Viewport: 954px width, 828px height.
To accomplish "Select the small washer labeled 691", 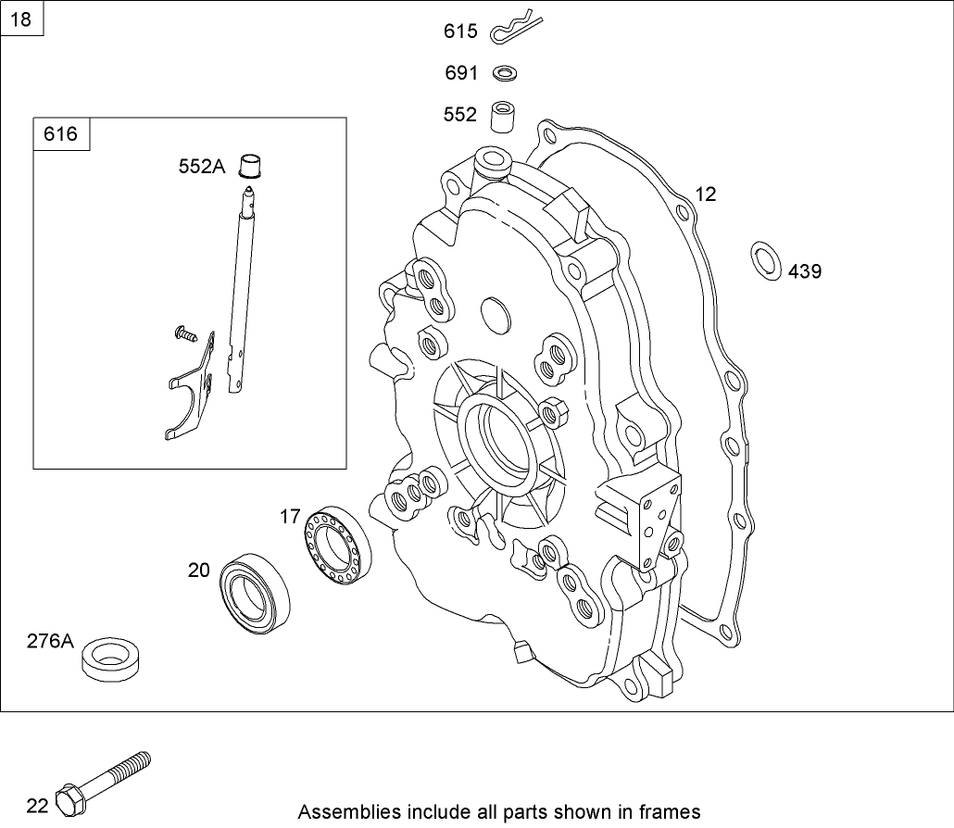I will click(x=505, y=72).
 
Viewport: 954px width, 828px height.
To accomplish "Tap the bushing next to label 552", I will click(x=502, y=116).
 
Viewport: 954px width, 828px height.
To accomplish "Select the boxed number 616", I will click(x=61, y=134).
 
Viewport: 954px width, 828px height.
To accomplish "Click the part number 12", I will click(x=706, y=194).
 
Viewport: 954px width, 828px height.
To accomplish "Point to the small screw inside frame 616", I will click(x=185, y=332).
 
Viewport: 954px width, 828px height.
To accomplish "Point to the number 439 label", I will click(x=804, y=271).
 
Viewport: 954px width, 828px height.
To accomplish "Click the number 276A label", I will click(x=50, y=641).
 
